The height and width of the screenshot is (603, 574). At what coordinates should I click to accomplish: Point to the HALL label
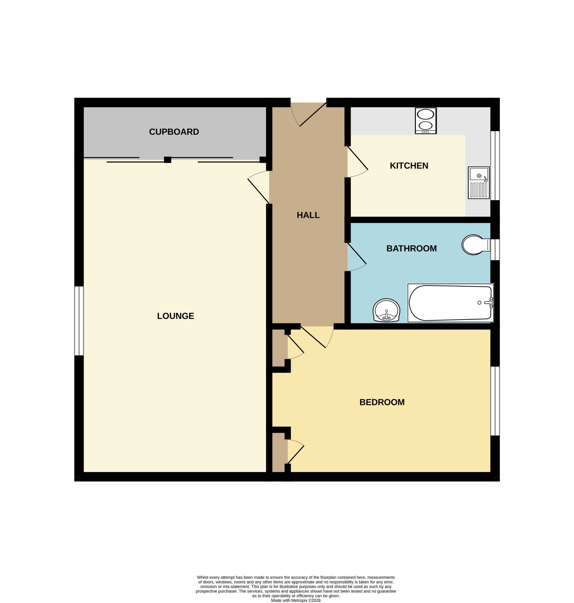[x=308, y=215]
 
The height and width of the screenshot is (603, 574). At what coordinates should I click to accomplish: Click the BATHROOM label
[x=411, y=248]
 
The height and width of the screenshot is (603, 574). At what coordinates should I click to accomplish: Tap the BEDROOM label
[x=382, y=402]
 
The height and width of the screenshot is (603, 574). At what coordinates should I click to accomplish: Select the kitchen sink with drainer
[x=479, y=183]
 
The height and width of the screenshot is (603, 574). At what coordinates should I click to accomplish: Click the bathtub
[x=450, y=303]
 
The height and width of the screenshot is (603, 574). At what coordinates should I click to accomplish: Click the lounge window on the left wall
[x=79, y=321]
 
